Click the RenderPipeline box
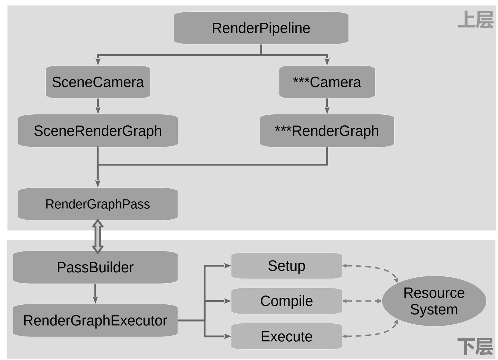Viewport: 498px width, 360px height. tap(261, 28)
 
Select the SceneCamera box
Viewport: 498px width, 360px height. tap(98, 82)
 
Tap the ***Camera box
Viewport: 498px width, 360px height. tap(327, 82)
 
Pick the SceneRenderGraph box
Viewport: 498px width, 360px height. tap(98, 131)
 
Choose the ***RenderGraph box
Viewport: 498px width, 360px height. tap(327, 131)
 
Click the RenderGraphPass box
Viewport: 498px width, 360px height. tap(98, 204)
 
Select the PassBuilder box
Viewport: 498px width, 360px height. tap(95, 267)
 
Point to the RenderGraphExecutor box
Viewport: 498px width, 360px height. tap(95, 321)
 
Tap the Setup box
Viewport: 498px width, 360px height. tap(286, 266)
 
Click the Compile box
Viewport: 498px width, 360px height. tap(286, 301)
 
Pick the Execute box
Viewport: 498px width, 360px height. tap(286, 337)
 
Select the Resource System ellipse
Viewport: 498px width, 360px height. tap(434, 301)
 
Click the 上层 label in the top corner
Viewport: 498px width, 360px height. tap(476, 20)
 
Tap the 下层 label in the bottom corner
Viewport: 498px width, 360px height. tap(476, 347)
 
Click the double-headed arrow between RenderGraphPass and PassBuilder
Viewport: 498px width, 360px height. tap(98, 237)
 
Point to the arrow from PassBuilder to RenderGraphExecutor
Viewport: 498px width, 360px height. tap(95, 294)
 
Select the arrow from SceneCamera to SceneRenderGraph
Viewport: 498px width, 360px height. tap(98, 106)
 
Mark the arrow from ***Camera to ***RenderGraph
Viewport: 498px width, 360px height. tap(327, 106)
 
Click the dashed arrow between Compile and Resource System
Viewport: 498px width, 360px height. tap(362, 301)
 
